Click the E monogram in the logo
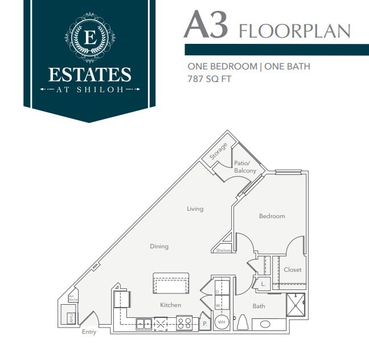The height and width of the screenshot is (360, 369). tap(89, 38)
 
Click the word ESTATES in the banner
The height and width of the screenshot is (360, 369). tap(89, 75)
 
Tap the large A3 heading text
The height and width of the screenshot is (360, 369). tap(206, 26)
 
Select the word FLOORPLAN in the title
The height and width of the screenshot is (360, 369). tap(295, 30)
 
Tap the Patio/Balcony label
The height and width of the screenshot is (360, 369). tap(245, 167)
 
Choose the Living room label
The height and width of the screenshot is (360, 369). tap(195, 209)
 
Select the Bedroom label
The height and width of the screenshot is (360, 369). tap(272, 216)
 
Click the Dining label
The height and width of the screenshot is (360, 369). tap(159, 247)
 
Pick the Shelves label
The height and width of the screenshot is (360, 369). tap(224, 250)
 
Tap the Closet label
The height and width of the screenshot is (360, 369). tap(292, 269)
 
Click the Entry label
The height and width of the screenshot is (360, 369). tap(89, 332)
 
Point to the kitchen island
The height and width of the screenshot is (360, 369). tap(171, 284)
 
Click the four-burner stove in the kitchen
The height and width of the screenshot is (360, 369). tap(184, 324)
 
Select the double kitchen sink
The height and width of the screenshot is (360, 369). tap(143, 324)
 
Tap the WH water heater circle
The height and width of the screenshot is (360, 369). tap(222, 322)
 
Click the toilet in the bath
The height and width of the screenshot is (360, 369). tap(241, 322)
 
